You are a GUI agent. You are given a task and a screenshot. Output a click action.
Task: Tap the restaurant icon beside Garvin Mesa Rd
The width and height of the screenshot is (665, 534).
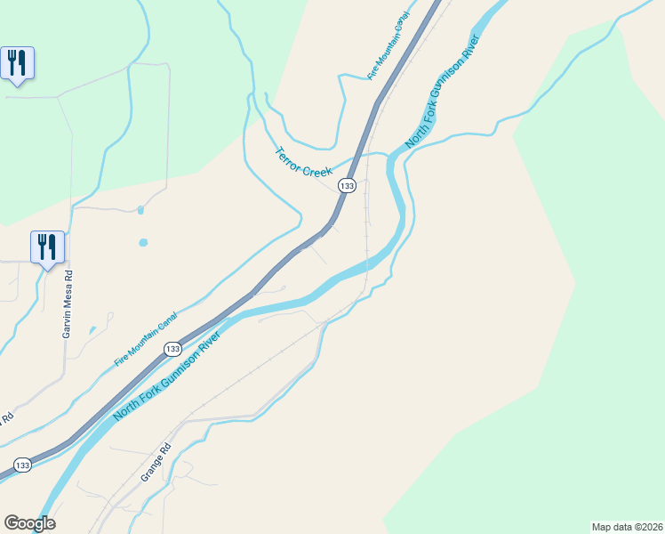tap(47, 247)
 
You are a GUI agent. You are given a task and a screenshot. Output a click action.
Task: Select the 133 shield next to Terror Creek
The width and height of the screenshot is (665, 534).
tap(347, 186)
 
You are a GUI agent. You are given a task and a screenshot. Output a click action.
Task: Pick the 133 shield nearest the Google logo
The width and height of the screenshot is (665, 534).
tap(22, 465)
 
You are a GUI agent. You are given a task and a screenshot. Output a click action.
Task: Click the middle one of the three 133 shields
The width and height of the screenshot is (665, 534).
tap(172, 350)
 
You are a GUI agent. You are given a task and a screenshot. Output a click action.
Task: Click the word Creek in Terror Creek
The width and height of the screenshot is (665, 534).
tap(317, 171)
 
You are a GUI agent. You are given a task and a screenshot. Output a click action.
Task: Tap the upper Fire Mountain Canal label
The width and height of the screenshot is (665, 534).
tap(389, 47)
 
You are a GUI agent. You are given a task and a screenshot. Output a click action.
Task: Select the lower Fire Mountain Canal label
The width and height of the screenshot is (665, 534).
tap(146, 339)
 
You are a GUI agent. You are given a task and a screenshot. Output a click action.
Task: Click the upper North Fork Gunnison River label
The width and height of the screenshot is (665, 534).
tap(443, 92)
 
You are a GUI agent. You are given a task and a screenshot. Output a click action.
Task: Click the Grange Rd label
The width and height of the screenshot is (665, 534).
tap(155, 464)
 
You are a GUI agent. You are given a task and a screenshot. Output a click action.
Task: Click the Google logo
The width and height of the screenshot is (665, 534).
tap(29, 523)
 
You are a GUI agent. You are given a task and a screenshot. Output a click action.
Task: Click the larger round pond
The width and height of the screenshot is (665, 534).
tap(143, 242)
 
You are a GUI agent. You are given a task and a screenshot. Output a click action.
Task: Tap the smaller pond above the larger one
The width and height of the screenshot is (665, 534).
tap(140, 211)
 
